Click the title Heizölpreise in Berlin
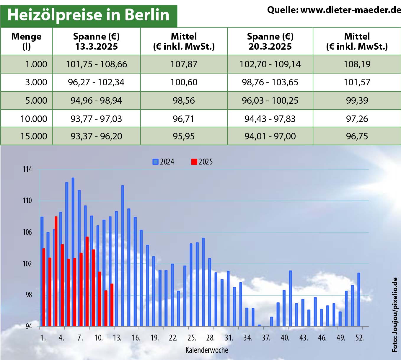click(x=88, y=15)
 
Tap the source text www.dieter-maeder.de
click(x=334, y=10)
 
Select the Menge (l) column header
click(x=27, y=41)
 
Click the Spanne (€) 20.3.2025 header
click(x=270, y=41)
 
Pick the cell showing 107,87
click(x=184, y=64)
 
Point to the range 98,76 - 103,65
click(x=270, y=82)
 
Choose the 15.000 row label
click(x=34, y=136)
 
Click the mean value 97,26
click(x=357, y=119)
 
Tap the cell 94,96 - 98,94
click(x=96, y=100)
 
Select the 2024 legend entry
click(x=164, y=162)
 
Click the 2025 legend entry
click(x=202, y=162)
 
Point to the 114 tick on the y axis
click(x=27, y=170)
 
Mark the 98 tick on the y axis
click(x=29, y=295)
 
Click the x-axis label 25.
click(x=192, y=338)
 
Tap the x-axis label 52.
click(x=359, y=338)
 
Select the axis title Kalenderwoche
click(x=207, y=350)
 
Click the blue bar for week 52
click(x=359, y=299)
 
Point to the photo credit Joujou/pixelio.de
click(x=395, y=315)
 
